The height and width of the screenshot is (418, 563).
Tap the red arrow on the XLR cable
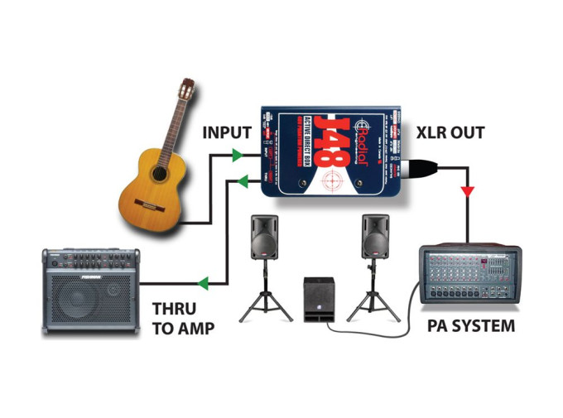[469, 192]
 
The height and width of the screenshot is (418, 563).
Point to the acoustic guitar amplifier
[87, 290]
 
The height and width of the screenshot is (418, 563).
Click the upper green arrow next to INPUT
[237, 155]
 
